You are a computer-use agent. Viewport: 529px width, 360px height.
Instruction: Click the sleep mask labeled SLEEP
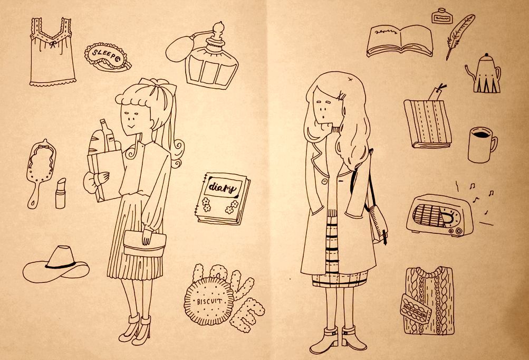click(107, 56)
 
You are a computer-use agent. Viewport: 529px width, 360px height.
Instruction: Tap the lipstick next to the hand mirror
click(61, 194)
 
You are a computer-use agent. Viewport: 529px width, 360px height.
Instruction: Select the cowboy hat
click(56, 264)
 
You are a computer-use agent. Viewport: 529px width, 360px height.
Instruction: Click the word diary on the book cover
click(222, 187)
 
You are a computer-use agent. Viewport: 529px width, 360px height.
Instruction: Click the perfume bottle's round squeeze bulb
click(178, 49)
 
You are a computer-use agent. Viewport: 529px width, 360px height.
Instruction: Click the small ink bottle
click(441, 16)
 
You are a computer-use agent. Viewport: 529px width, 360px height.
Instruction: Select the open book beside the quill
click(400, 41)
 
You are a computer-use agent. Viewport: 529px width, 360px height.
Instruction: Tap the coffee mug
click(482, 145)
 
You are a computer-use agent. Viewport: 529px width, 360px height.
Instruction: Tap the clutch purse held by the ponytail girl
click(145, 243)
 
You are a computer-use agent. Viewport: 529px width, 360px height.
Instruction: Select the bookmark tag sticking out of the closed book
click(436, 92)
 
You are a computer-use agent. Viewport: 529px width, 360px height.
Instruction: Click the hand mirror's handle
click(33, 194)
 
